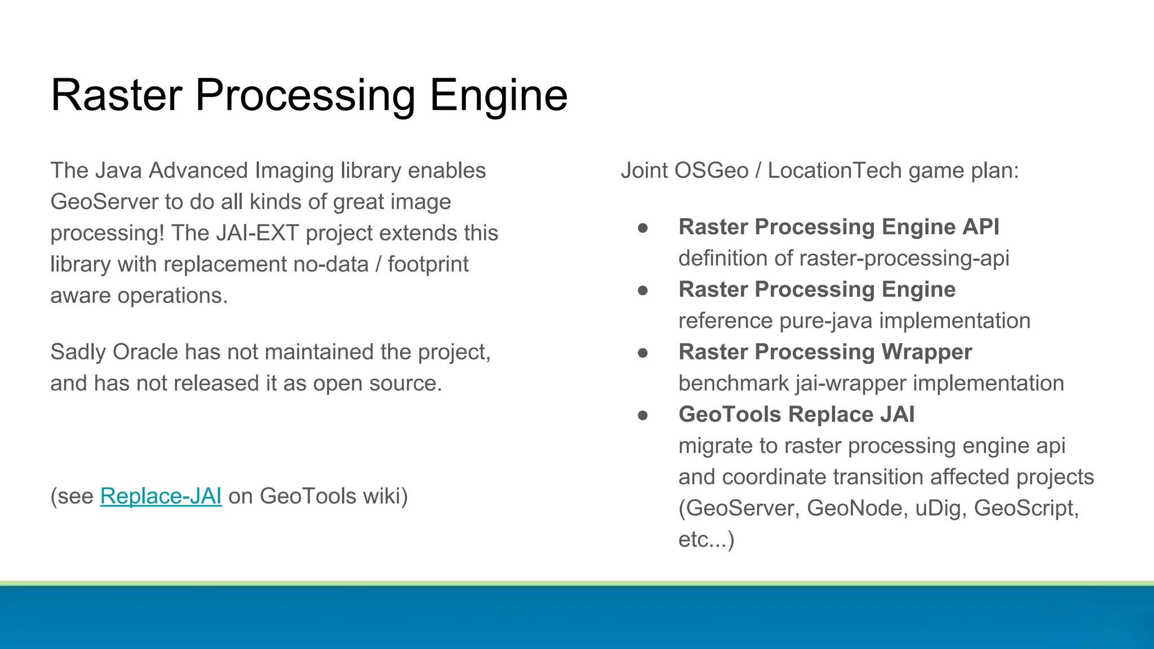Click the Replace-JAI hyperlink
click(161, 496)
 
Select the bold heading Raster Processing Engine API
click(838, 227)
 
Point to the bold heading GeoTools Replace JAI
click(796, 415)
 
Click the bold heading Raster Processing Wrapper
click(825, 352)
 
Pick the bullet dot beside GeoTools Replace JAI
click(643, 416)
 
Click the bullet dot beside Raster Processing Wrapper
click(643, 353)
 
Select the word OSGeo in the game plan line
click(711, 171)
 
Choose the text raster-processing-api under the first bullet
click(904, 259)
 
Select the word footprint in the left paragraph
click(428, 265)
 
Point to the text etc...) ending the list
click(706, 540)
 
